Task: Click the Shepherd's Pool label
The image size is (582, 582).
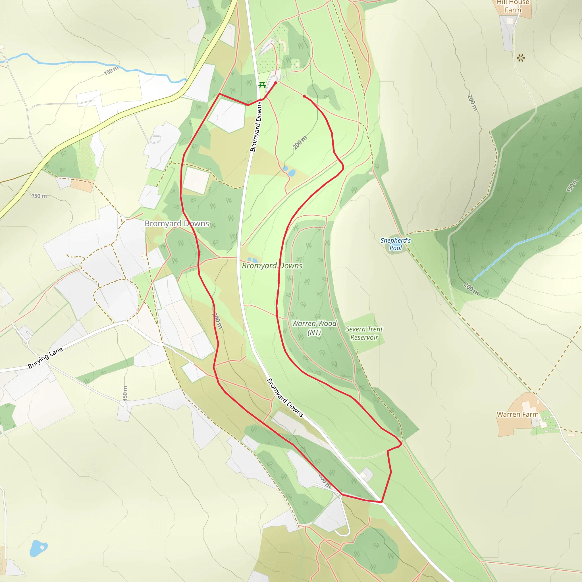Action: [396, 244]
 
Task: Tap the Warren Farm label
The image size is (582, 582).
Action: [517, 415]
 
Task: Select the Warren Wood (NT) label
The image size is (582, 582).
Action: [314, 327]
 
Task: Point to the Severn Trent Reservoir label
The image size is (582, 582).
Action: [364, 333]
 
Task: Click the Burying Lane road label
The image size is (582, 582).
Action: [45, 358]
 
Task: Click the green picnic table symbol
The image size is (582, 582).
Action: [262, 85]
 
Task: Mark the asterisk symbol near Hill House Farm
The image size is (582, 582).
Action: [521, 58]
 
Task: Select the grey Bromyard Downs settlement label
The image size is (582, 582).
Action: [177, 224]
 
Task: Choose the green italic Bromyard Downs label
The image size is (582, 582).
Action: [272, 266]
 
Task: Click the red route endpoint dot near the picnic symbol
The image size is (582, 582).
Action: [276, 82]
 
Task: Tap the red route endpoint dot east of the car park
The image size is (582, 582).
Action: [304, 96]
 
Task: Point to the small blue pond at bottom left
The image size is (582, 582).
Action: [38, 548]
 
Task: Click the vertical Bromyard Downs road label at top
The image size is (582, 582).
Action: [256, 126]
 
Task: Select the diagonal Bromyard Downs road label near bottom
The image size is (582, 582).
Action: [285, 398]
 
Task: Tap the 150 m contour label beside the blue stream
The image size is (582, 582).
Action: [111, 71]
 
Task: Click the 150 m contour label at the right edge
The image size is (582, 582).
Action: [572, 186]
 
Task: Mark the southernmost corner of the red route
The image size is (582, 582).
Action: [382, 502]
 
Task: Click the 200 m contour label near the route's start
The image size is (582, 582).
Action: [300, 142]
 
